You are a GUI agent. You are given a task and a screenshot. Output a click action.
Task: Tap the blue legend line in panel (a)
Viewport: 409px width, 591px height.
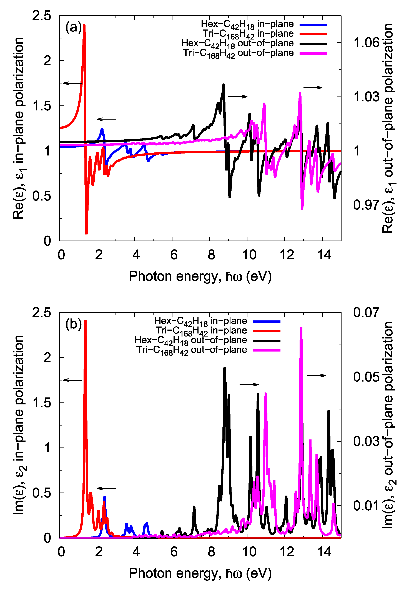pyautogui.click(x=313, y=25)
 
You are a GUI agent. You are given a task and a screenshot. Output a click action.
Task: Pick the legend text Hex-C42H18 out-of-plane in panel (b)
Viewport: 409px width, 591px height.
pyautogui.click(x=191, y=341)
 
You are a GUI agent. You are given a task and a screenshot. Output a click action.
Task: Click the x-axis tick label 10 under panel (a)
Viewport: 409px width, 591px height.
pyautogui.click(x=249, y=255)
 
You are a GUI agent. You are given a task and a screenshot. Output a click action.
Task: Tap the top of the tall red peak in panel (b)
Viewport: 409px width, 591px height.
pyautogui.click(x=85, y=321)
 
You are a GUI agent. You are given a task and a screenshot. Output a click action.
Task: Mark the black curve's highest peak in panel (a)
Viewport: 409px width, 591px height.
pyautogui.click(x=224, y=85)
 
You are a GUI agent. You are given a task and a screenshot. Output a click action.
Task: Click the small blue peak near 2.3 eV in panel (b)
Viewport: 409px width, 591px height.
pyautogui.click(x=105, y=497)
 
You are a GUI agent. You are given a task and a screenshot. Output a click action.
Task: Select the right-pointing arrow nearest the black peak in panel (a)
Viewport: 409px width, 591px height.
pyautogui.click(x=238, y=97)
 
